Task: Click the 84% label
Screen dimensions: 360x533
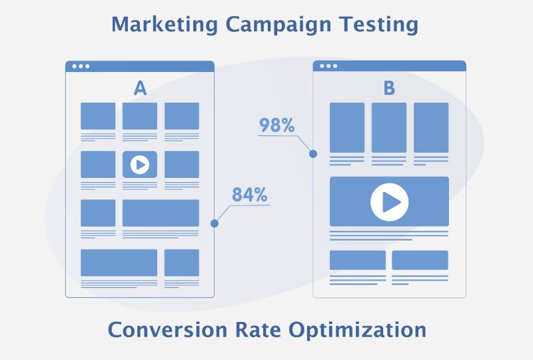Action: [x=250, y=195]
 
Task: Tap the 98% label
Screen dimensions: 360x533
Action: [x=276, y=125]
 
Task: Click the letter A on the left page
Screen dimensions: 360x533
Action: [x=140, y=88]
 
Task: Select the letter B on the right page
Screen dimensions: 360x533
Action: [x=389, y=88]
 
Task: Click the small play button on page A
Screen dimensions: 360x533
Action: [x=140, y=164]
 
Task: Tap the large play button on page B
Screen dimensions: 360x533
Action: [x=389, y=201]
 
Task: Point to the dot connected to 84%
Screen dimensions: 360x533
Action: [x=215, y=223]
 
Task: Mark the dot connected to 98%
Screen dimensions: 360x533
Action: [x=313, y=154]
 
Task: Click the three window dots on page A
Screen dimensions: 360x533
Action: [x=81, y=66]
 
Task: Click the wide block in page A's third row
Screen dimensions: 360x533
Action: [x=161, y=213]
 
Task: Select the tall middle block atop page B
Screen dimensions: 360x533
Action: [x=389, y=127]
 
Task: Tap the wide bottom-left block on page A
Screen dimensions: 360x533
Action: [x=119, y=262]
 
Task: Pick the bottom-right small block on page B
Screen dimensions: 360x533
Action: [x=420, y=260]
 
